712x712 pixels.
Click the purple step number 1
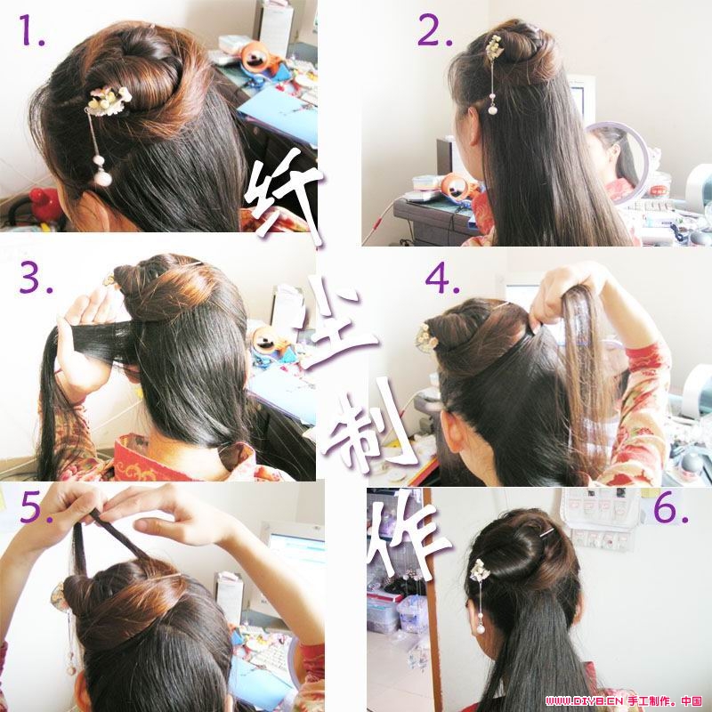tap(30, 30)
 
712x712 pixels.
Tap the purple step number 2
tap(435, 30)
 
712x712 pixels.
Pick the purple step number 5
tap(36, 506)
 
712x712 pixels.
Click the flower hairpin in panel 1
tap(109, 101)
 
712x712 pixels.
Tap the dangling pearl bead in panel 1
tap(102, 176)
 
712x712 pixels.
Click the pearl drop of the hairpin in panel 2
tap(493, 109)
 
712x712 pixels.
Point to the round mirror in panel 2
tap(618, 160)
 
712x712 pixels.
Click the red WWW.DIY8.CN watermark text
tap(584, 700)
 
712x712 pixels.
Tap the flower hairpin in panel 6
tap(479, 570)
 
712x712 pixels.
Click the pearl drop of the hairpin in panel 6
tap(480, 629)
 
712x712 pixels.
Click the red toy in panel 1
tap(44, 205)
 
